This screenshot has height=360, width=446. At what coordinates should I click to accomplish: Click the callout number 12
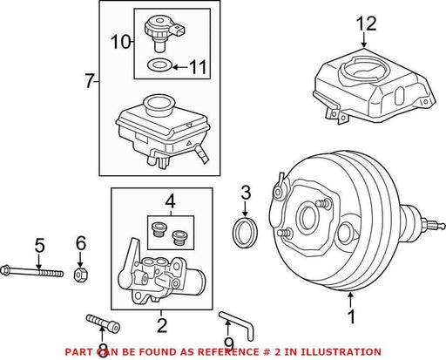[x=367, y=24]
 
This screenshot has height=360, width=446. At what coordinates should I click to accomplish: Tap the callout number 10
[x=121, y=42]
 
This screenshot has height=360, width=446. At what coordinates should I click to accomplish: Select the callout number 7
[x=89, y=81]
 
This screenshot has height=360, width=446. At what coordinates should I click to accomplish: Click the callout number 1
[x=352, y=316]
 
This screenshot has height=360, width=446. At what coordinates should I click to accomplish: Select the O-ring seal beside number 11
[x=160, y=65]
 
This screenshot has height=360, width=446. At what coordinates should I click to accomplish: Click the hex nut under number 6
[x=81, y=275]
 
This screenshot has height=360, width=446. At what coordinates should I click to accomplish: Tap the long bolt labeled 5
[x=32, y=271]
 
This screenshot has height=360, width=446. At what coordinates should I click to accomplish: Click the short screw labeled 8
[x=103, y=323]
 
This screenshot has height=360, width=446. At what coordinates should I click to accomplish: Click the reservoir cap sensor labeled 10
[x=164, y=33]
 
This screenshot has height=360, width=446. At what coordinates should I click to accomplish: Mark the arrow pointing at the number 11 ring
[x=180, y=67]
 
